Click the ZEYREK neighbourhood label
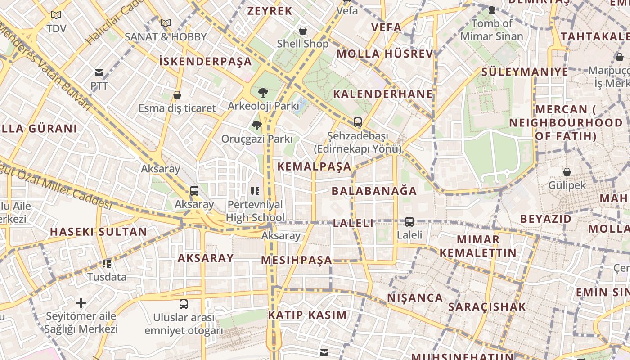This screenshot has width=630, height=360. click(270, 11)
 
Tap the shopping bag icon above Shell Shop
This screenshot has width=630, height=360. click(303, 31)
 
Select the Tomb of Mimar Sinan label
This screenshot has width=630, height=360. click(492, 30)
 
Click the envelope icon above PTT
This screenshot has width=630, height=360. click(99, 73)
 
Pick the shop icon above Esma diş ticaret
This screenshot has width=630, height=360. click(177, 95)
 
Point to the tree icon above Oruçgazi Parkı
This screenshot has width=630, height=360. click(257, 126)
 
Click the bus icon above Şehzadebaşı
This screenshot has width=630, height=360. click(358, 122)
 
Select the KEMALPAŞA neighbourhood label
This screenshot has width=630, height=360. click(314, 166)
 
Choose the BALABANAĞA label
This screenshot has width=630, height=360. click(374, 191)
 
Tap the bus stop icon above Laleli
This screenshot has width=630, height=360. click(409, 221)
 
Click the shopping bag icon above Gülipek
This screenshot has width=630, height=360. click(567, 171)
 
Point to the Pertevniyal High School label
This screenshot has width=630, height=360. click(255, 211)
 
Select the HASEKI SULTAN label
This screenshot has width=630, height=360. click(98, 232)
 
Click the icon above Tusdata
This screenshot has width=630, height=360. click(107, 263)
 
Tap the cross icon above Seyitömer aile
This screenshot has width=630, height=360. click(81, 303)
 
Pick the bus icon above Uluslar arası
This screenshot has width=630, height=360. click(184, 304)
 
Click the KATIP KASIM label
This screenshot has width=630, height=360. click(308, 315)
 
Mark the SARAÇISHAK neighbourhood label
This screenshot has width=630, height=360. click(487, 307)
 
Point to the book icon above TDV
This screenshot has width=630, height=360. click(56, 15)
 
